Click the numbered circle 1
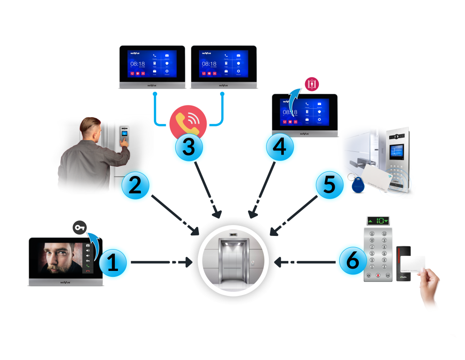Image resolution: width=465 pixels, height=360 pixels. click(x=112, y=263)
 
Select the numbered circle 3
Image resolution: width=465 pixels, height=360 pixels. click(x=188, y=146)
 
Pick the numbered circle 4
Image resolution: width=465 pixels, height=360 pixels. click(x=280, y=146)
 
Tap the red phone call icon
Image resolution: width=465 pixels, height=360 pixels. click(x=188, y=121)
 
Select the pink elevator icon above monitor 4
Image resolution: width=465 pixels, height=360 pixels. click(x=312, y=85)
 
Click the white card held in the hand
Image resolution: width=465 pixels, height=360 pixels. click(x=412, y=264)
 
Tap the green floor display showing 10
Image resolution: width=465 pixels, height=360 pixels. click(x=378, y=221)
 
